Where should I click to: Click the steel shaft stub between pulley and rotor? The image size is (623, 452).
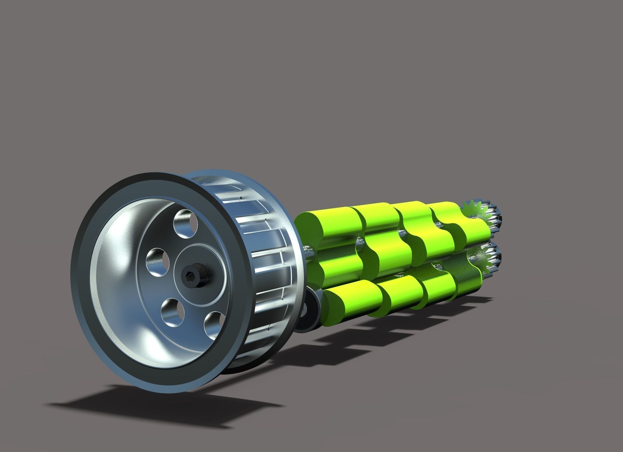point(308,250)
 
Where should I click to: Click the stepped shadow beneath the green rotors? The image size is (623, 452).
point(373,334)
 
